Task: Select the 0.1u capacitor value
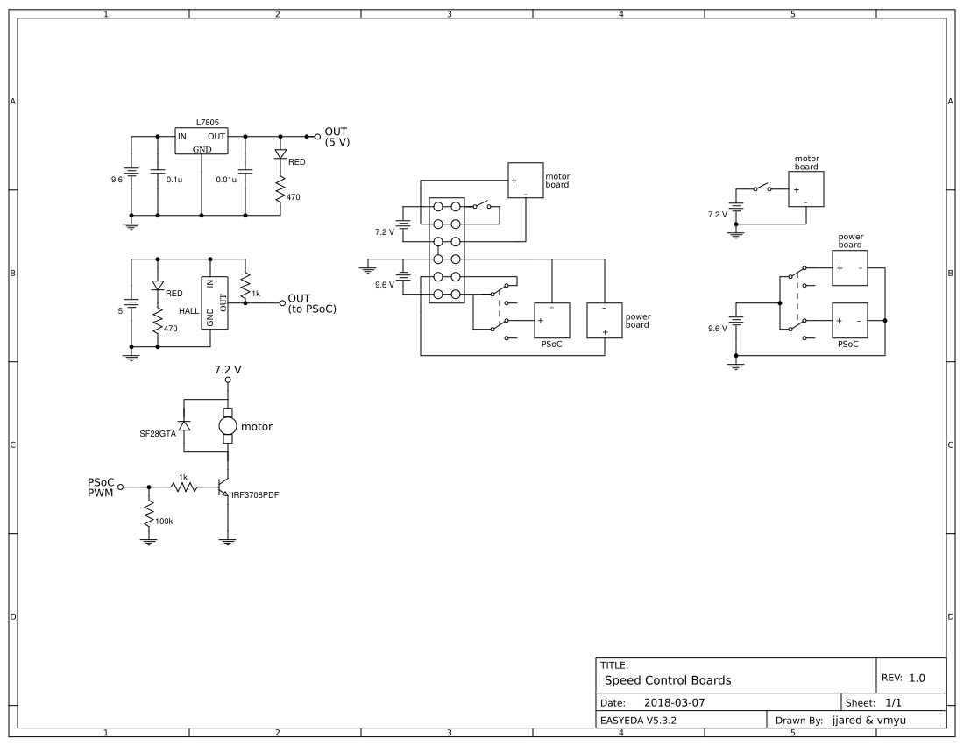(x=174, y=180)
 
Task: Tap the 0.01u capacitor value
(x=227, y=180)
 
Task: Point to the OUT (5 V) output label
(x=337, y=137)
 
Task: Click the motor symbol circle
(x=228, y=427)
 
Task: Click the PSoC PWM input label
(x=100, y=487)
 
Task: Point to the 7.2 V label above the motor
(x=228, y=370)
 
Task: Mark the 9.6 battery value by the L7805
(x=117, y=180)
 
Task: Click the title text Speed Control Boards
(x=668, y=680)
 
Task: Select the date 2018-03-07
(x=674, y=703)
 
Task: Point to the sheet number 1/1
(x=895, y=703)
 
